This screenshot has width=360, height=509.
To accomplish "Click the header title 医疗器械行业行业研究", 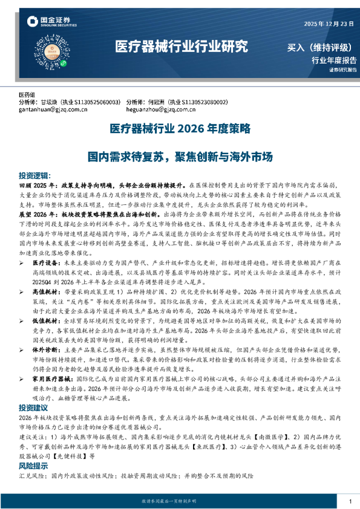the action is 182,47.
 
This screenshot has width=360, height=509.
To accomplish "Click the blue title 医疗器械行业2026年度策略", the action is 179,129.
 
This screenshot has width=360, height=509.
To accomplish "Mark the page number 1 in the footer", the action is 350,502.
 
